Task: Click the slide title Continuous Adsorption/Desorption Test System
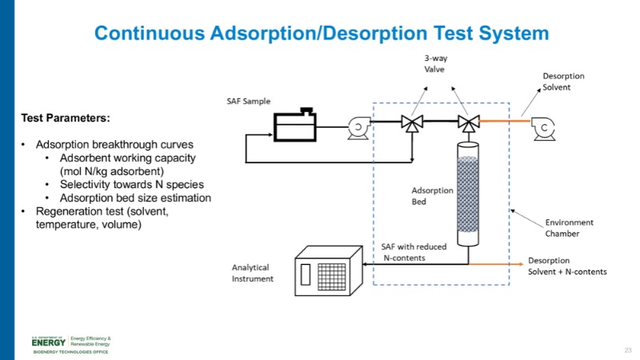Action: click(321, 34)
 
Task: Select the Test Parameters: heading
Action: click(65, 118)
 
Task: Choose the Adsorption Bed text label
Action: click(432, 196)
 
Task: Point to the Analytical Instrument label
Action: click(251, 273)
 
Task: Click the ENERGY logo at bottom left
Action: click(50, 341)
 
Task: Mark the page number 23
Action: click(628, 350)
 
